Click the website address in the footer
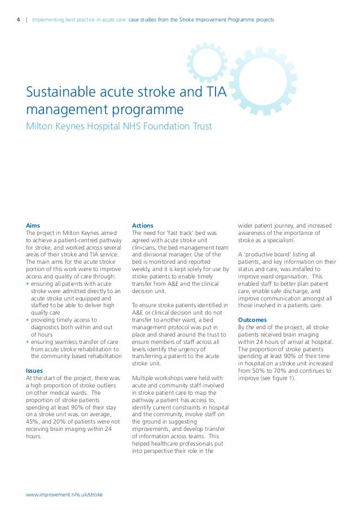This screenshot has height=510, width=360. tap(64, 494)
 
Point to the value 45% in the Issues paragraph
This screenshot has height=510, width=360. tap(34, 421)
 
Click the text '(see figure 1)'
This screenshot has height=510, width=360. tap(280, 378)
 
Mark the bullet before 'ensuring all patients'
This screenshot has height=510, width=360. tap(28, 283)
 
